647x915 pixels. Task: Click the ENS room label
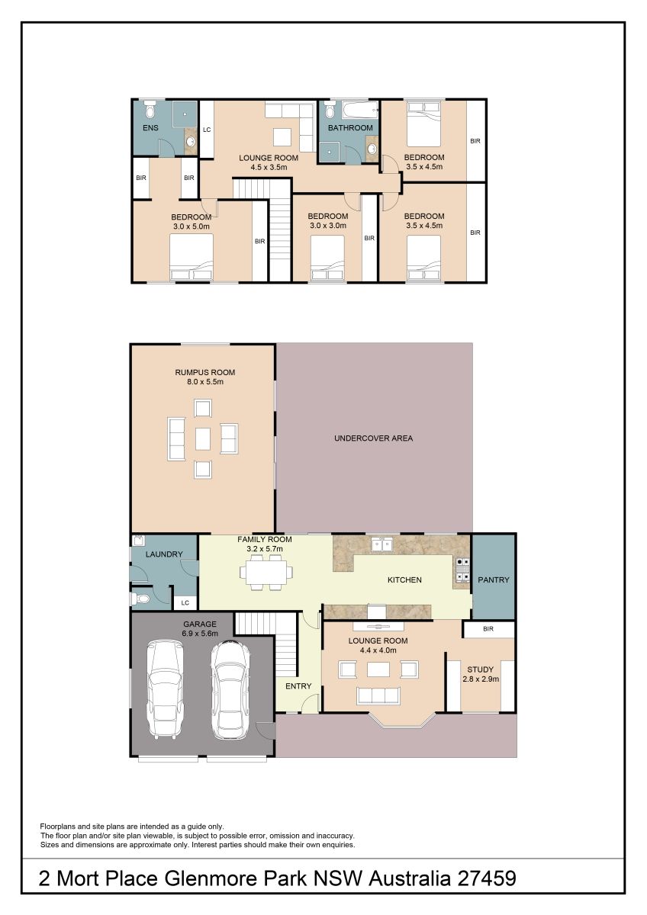click(150, 128)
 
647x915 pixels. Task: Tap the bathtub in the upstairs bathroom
click(360, 110)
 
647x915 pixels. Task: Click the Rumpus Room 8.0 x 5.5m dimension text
click(204, 382)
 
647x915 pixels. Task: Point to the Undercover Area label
click(373, 438)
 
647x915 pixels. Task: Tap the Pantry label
click(494, 579)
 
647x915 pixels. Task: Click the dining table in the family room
click(266, 573)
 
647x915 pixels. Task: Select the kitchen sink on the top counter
click(381, 544)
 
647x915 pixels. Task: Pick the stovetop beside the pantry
click(462, 569)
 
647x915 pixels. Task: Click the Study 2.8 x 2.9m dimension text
click(481, 679)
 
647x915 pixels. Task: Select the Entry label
click(298, 686)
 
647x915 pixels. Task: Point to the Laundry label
click(164, 554)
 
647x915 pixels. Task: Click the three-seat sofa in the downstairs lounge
click(378, 695)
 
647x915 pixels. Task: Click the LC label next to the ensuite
click(207, 130)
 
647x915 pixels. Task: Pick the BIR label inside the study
click(488, 629)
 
